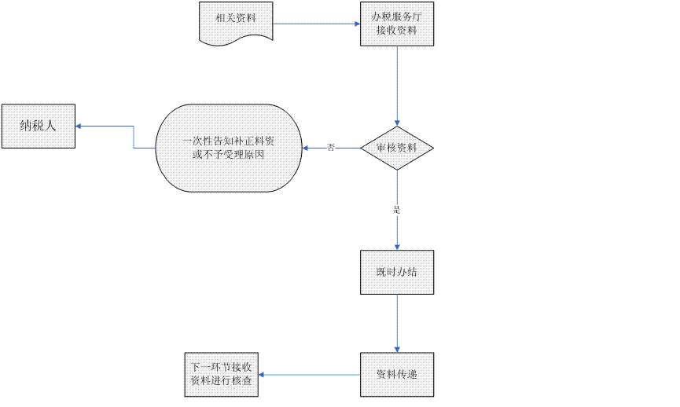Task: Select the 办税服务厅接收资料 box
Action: pyautogui.click(x=396, y=24)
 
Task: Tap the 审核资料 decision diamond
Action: pyautogui.click(x=397, y=148)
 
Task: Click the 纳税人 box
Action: pyautogui.click(x=38, y=126)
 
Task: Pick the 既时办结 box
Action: pyautogui.click(x=396, y=273)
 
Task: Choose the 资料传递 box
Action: pyautogui.click(x=396, y=374)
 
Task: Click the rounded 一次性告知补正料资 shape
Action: pyautogui.click(x=229, y=148)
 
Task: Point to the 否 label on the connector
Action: pyautogui.click(x=331, y=148)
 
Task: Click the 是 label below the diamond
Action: pyautogui.click(x=397, y=211)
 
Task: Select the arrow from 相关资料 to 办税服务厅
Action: pyautogui.click(x=314, y=24)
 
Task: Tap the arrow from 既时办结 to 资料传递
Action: pyautogui.click(x=397, y=322)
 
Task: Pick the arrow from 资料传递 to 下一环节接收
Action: pyautogui.click(x=311, y=375)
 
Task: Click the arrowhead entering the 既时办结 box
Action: pyautogui.click(x=397, y=246)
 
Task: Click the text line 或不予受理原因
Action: pyautogui.click(x=228, y=156)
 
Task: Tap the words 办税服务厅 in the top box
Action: pyautogui.click(x=396, y=16)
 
